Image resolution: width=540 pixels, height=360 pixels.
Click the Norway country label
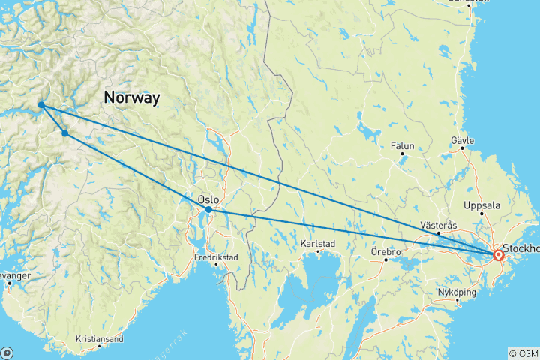(x=132, y=97)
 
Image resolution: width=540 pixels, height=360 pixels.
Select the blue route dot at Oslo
(x=208, y=210)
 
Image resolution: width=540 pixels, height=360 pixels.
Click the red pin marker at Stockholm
(x=498, y=255)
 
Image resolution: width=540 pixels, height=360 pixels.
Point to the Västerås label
(x=439, y=225)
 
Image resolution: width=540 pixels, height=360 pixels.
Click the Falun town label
(x=402, y=145)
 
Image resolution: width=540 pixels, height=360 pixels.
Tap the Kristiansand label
(x=99, y=339)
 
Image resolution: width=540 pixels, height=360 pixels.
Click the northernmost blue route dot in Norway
(x=40, y=105)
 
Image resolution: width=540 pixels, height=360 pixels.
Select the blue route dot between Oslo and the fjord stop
(x=65, y=133)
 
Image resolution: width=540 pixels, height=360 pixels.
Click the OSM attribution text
(x=523, y=352)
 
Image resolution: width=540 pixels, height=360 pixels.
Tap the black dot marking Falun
(x=402, y=154)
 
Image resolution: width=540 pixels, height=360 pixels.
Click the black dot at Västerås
(x=439, y=234)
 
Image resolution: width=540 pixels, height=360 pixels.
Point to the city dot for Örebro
(x=385, y=260)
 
